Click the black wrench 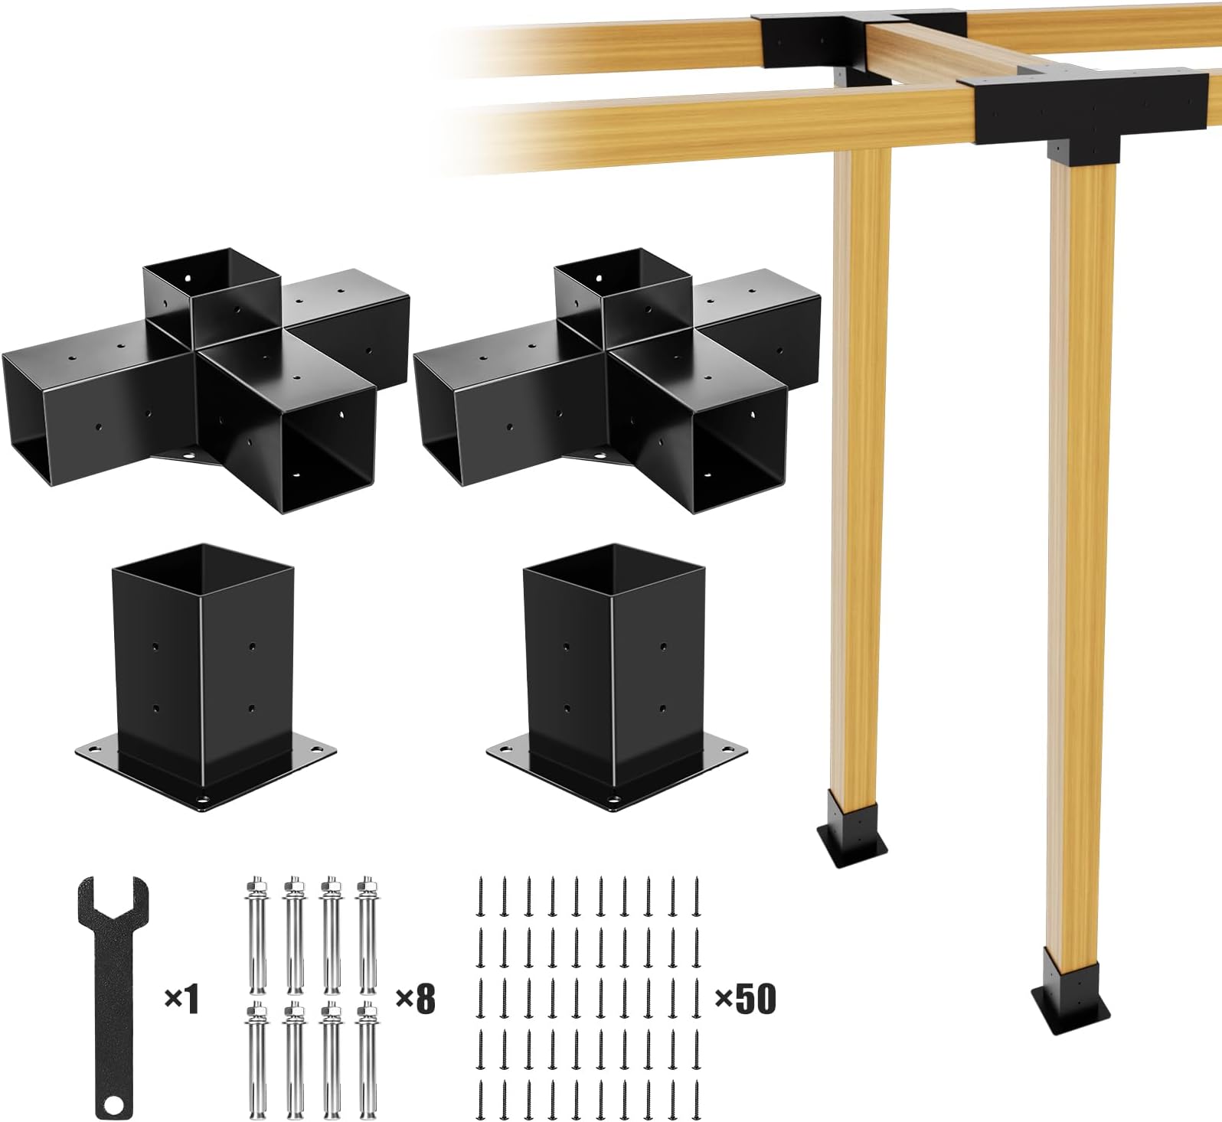[113, 995]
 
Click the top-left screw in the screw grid [482, 895]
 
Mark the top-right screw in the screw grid [697, 895]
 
